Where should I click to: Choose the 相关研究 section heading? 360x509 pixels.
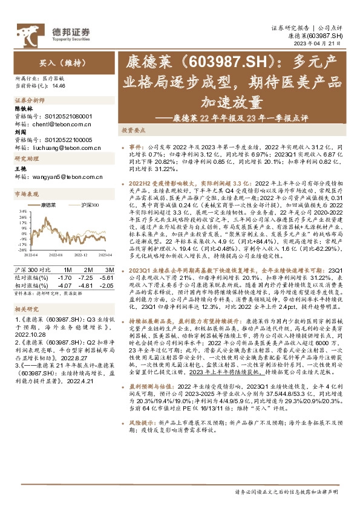click(25, 310)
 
